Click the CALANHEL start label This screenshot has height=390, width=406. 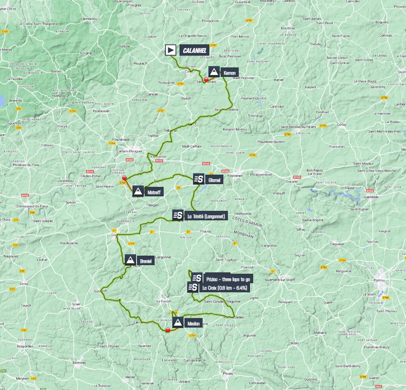click(194, 50)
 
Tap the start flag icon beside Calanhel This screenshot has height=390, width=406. click(170, 50)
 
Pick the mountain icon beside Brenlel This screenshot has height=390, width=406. click(130, 260)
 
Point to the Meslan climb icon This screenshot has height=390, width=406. click(178, 323)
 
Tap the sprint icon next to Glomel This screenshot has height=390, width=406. click(198, 179)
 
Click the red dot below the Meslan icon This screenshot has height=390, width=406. click(168, 330)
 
